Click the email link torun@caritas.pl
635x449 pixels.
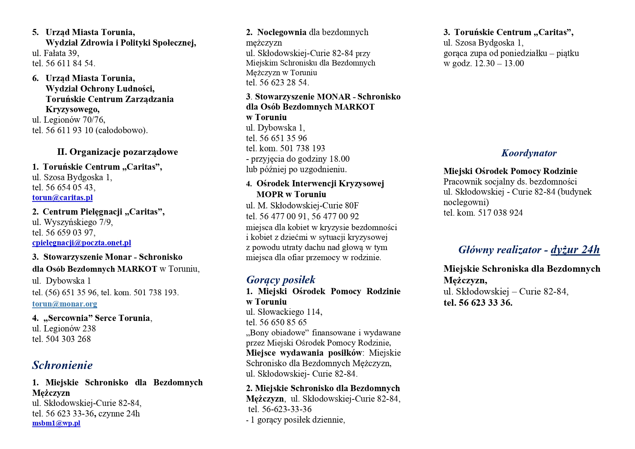tap(62, 198)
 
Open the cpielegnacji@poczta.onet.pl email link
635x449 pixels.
tap(81, 243)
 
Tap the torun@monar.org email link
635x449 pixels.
tap(64, 304)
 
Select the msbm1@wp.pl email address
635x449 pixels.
tap(56, 423)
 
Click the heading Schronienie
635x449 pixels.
tap(62, 365)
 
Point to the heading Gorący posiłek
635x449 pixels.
tap(280, 280)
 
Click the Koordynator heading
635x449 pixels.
tap(529, 153)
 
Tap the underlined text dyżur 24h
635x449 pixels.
tap(575, 250)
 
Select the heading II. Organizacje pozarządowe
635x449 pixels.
tap(117, 152)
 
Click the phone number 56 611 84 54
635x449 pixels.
tap(70, 63)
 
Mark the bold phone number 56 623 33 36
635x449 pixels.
tap(485, 303)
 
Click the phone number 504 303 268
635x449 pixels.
tap(68, 339)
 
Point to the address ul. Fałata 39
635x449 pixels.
tap(55, 53)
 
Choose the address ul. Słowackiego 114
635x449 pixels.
tap(284, 312)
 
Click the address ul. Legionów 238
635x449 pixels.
tap(64, 329)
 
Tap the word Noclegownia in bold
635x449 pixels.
tap(281, 32)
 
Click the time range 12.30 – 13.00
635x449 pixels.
tap(499, 63)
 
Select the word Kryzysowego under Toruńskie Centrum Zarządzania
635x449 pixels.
tap(72, 109)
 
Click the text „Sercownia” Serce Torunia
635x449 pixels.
tap(97, 318)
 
